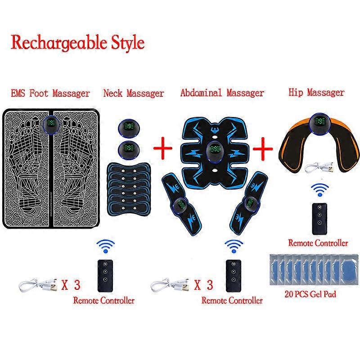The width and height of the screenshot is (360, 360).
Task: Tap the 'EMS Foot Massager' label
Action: tap(50, 93)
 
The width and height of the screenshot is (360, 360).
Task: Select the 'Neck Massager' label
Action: tap(134, 93)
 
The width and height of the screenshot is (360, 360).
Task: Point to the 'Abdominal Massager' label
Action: tap(222, 93)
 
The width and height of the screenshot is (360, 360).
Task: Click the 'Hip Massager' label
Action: tap(316, 92)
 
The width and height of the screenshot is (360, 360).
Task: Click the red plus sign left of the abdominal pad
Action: tap(163, 148)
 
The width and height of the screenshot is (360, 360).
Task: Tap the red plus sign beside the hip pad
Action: tap(263, 149)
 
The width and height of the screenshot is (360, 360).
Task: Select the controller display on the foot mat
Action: tap(51, 125)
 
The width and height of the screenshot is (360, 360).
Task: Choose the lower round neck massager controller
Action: tap(129, 149)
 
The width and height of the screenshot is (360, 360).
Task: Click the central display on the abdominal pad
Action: tap(215, 150)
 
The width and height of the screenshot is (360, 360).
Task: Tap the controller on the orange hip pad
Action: tap(319, 122)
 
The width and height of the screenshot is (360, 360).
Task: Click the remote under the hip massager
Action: tap(319, 219)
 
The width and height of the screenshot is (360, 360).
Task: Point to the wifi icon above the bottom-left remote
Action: tap(106, 246)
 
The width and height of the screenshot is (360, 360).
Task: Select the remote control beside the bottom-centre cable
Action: tap(234, 276)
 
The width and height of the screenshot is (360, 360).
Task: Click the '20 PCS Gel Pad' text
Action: tap(310, 294)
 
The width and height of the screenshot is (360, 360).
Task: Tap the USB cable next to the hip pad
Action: tap(319, 167)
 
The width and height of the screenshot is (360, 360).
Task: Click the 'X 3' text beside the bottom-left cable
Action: tap(71, 285)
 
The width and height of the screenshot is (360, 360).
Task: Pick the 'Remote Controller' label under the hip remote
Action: tap(318, 243)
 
